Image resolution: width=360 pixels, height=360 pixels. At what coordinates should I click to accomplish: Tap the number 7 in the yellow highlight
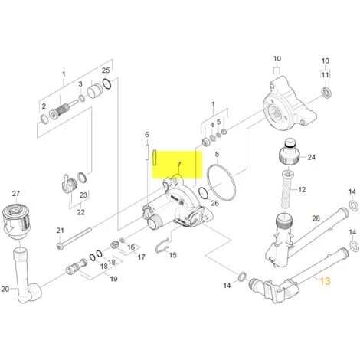[x=180, y=165]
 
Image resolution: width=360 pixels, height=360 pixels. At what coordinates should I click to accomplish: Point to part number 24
[x=311, y=158]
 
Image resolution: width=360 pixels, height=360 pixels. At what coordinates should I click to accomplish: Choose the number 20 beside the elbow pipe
[x=5, y=289]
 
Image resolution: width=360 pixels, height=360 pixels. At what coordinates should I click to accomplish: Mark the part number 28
[x=315, y=220]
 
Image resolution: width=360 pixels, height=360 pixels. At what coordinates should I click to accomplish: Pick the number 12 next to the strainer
[x=302, y=189]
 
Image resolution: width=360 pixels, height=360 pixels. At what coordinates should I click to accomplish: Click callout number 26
[x=214, y=203]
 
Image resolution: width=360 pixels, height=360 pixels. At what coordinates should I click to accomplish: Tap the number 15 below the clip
[x=172, y=254]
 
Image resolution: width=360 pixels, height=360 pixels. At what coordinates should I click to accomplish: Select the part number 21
[x=60, y=231]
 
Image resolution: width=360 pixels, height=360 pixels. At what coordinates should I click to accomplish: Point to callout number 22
[x=79, y=211]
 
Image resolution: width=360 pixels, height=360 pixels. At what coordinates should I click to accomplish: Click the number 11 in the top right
[x=325, y=74]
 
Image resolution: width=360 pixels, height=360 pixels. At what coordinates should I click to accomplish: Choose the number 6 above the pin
[x=146, y=134]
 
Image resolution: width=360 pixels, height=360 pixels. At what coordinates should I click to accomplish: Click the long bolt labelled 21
[x=84, y=246]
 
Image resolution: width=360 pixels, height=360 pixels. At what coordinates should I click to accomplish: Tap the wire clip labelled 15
[x=161, y=245]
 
